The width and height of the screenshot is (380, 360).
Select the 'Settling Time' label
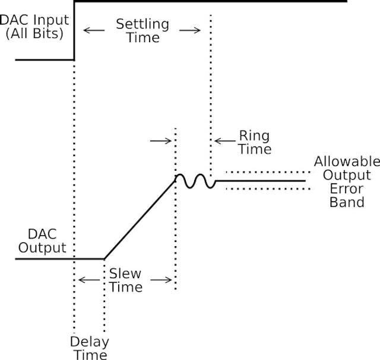(142, 31)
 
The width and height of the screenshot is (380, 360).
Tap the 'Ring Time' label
(254, 142)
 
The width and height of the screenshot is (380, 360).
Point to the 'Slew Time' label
(125, 280)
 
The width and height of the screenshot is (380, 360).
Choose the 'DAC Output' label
(42, 241)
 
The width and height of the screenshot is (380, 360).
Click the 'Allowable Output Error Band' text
(347, 181)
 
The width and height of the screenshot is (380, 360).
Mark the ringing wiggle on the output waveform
(195, 180)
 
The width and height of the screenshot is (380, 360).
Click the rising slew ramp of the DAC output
(140, 218)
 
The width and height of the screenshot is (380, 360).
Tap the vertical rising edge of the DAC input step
(74, 30)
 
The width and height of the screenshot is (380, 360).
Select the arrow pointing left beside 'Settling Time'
(91, 30)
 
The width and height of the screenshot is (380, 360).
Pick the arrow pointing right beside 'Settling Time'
(191, 30)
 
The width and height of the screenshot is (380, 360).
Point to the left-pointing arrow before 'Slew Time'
(89, 279)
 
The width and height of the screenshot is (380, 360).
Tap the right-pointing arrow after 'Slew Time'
(160, 279)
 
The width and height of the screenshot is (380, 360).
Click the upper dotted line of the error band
(267, 173)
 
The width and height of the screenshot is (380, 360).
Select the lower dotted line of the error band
(267, 189)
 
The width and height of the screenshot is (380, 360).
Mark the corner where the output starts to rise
(104, 259)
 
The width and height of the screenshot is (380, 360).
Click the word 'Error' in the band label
(347, 189)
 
